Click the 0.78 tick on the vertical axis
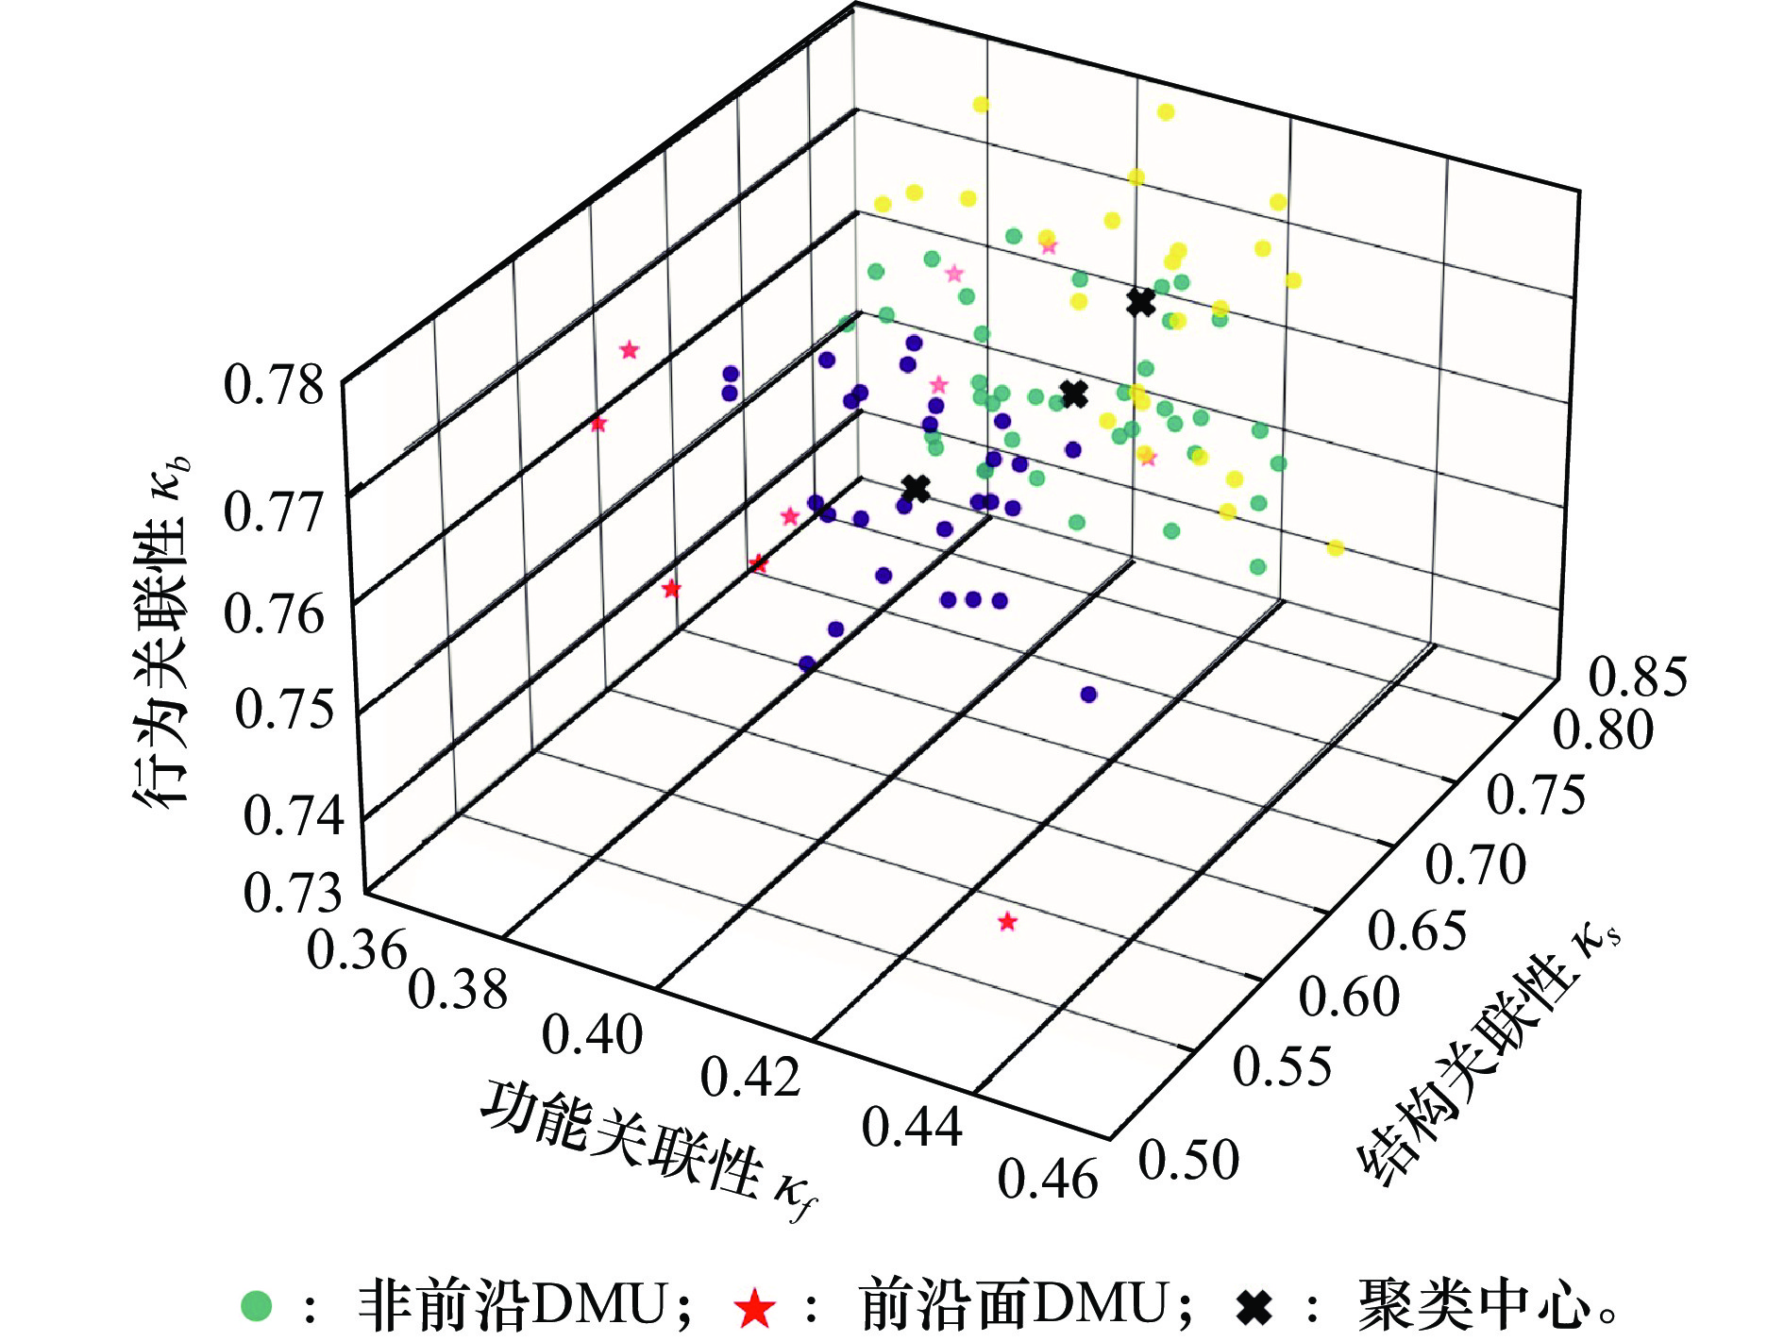(273, 386)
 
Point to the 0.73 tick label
(293, 892)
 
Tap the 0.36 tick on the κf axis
(356, 948)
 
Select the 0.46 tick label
(1048, 1180)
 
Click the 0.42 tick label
(750, 1077)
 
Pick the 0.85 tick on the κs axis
(1638, 677)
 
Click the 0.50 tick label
(1188, 1160)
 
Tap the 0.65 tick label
(1417, 930)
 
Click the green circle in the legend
(257, 1306)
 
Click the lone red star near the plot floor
(1007, 921)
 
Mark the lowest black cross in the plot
(915, 489)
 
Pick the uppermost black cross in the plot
(1141, 302)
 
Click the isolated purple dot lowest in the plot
(1088, 695)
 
